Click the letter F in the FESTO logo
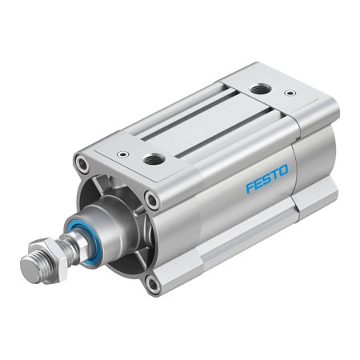click(x=249, y=190)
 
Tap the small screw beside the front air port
click(x=121, y=154)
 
